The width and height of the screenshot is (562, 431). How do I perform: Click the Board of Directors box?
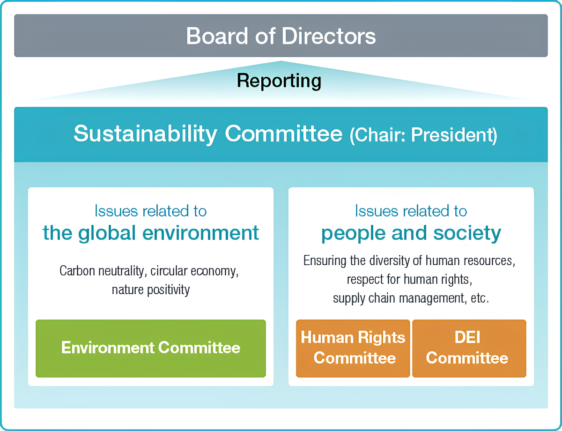coord(281,36)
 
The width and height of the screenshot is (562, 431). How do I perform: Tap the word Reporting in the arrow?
coord(279,81)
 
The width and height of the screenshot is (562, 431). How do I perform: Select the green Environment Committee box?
coord(151,349)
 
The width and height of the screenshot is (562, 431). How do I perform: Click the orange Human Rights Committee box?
coord(353,349)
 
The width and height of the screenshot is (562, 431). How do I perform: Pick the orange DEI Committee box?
coord(469,349)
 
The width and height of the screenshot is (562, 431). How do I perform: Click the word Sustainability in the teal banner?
coord(145,134)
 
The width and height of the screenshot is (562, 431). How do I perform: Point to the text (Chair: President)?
coord(423,135)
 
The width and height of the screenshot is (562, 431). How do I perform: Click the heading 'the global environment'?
coord(151,233)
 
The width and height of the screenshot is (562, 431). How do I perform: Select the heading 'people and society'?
coord(411,233)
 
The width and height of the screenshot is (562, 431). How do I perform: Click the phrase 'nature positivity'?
coord(151,290)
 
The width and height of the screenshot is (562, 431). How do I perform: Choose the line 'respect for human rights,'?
coord(409,280)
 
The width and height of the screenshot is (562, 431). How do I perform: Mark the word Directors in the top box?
coord(328,36)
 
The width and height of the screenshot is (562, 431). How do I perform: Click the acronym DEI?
coord(467,337)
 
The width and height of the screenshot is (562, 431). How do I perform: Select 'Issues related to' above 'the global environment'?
coord(151,211)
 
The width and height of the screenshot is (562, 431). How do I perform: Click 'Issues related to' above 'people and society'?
coord(411,211)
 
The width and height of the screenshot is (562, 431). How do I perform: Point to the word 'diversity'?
coord(390,261)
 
